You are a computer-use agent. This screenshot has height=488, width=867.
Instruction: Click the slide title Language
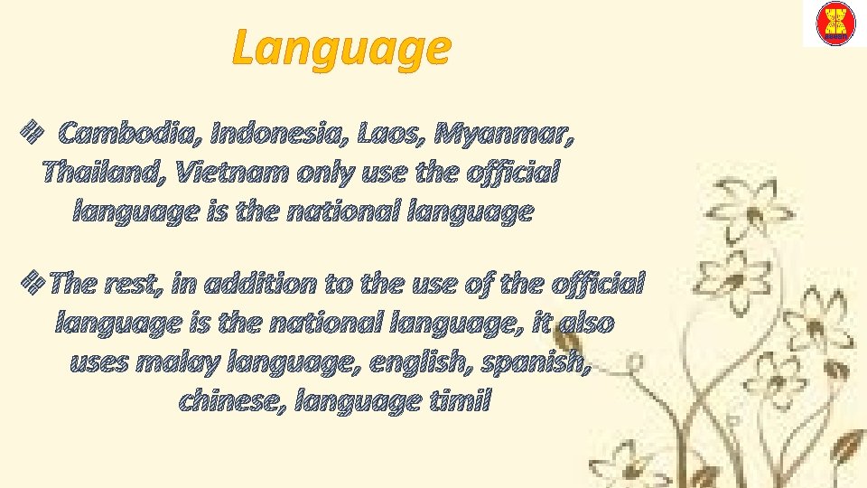(340, 48)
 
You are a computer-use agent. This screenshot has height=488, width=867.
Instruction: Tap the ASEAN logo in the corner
(835, 24)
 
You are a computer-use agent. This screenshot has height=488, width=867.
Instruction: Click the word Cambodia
(129, 136)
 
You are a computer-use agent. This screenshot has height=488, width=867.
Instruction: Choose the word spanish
(547, 363)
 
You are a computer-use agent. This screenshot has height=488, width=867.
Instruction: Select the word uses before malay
(99, 363)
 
